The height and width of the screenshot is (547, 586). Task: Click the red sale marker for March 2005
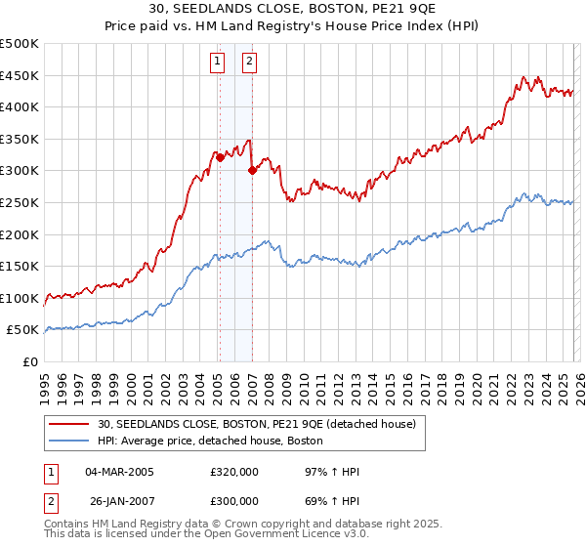coord(220,157)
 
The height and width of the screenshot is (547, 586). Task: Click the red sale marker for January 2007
coord(252,170)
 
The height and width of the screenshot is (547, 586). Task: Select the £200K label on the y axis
coord(20,234)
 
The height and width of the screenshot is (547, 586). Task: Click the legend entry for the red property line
coord(257,424)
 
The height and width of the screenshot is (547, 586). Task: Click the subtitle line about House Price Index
coord(292,26)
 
